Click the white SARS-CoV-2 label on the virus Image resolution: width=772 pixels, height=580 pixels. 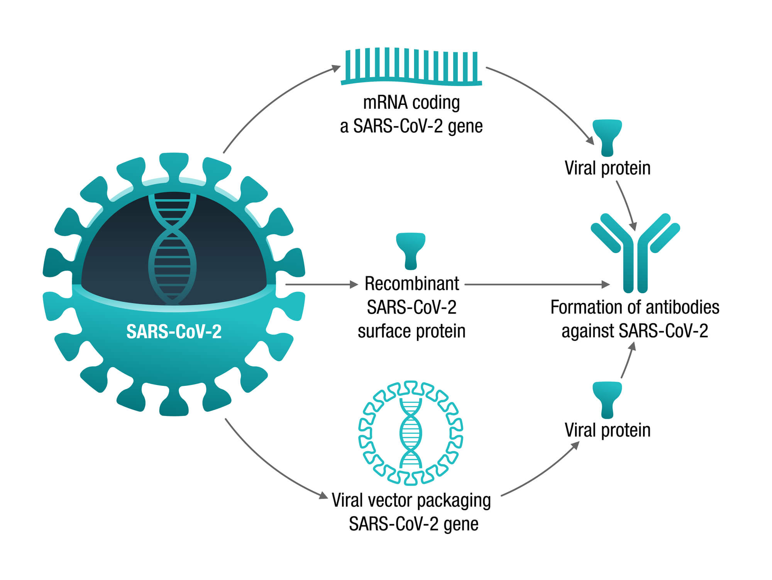174,331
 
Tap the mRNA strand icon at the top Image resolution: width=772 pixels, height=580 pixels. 411,66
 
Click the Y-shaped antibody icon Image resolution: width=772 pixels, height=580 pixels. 635,255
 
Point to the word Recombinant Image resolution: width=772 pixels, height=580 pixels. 411,284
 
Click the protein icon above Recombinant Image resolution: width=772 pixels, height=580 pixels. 411,250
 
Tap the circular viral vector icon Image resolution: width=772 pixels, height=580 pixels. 411,433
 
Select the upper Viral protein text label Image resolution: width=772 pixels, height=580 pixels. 607,168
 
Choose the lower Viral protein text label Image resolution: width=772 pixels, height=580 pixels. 607,430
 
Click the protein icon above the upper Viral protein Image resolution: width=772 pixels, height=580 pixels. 607,137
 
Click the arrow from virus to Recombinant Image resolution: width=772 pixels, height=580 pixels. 320,284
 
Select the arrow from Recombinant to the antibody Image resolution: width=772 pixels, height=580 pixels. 537,284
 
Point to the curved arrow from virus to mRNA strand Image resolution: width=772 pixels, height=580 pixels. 270,100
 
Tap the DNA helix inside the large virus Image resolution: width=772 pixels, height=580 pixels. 173,247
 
